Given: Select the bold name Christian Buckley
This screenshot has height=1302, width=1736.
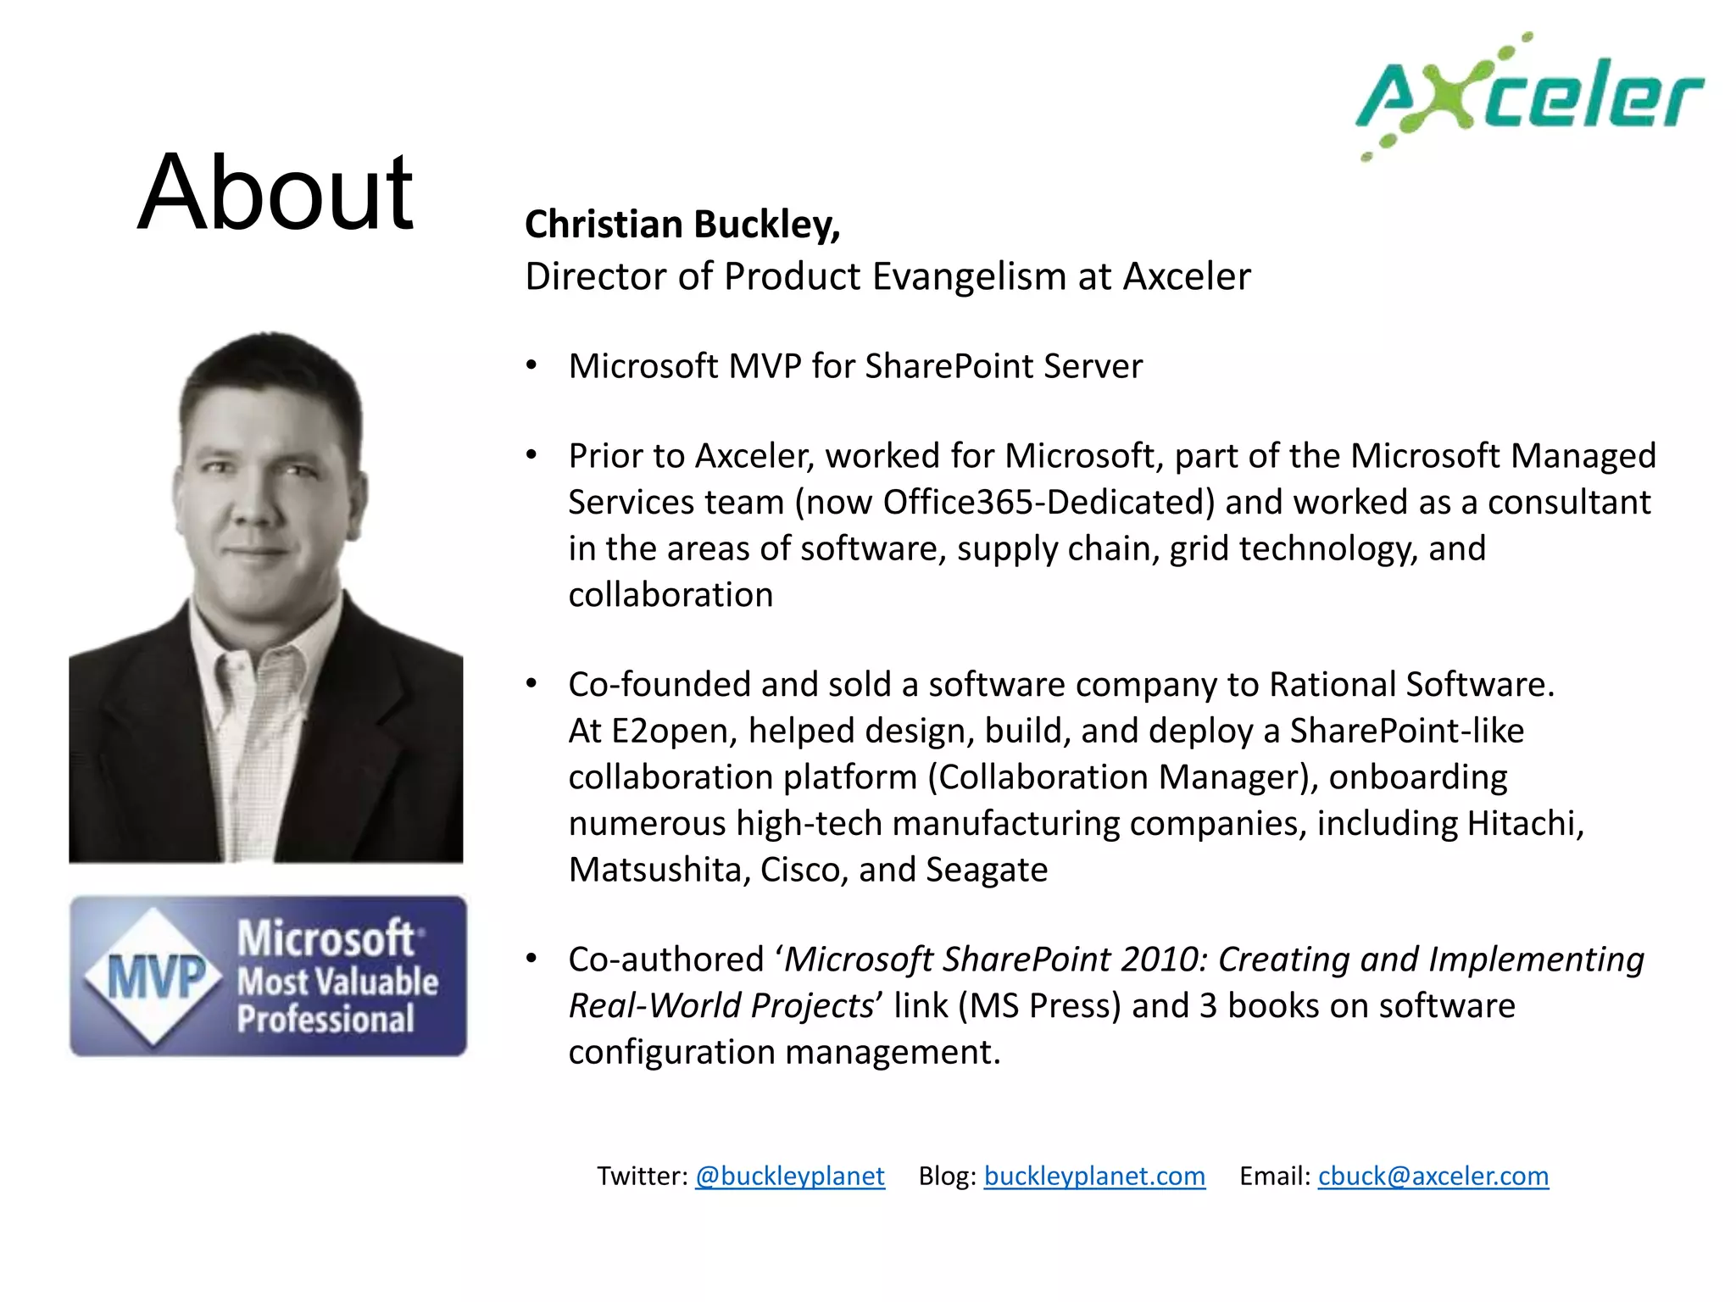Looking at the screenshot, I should point(682,225).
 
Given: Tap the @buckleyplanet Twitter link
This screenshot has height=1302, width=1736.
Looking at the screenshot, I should point(789,1176).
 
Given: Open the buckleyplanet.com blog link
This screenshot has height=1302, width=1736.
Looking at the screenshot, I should point(1093,1176).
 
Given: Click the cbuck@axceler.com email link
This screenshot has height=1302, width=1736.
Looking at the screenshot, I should point(1433,1176).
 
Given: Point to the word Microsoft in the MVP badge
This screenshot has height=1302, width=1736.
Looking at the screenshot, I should point(325,938).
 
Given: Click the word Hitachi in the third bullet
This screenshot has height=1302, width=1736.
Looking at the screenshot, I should point(1521,823).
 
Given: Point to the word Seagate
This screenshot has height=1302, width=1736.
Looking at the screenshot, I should point(987,870).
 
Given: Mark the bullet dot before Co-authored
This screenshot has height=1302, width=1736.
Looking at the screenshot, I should point(531,959).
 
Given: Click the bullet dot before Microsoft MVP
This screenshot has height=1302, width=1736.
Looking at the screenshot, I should point(531,365).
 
